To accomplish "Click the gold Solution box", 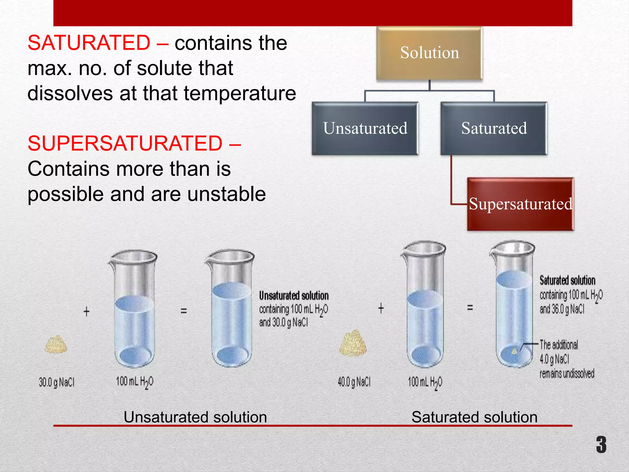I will coord(429,53).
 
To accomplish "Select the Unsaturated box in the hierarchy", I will coord(365,128).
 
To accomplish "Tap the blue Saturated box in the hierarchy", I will coord(494,128).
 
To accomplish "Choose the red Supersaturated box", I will coord(520,204).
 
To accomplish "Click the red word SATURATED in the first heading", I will coord(89,43).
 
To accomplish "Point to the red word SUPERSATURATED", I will coord(125,144).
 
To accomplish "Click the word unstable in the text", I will coord(226,194).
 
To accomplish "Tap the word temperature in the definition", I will coord(240,93).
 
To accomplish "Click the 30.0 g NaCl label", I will coord(57,382).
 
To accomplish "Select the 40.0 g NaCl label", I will coord(354,382).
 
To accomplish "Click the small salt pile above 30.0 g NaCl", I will coord(56,344).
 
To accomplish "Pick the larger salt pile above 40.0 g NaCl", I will coord(353,343).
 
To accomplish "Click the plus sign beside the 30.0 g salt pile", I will coord(87,311).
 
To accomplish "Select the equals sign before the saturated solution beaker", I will coord(470,307).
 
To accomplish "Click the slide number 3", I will coord(601,444).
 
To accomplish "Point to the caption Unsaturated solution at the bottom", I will coord(195,417).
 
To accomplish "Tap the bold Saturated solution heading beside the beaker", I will coord(567,280).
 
